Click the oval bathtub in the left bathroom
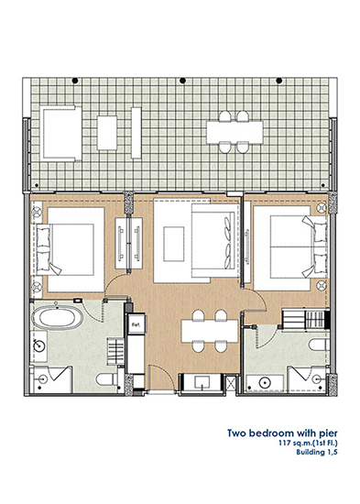click(57, 318)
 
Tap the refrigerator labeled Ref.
click(136, 324)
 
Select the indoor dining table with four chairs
click(210, 331)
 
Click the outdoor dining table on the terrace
click(235, 132)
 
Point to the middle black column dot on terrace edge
click(182, 81)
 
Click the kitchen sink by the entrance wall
click(202, 382)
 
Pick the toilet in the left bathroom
click(107, 379)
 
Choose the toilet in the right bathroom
click(318, 345)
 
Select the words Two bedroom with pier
click(282, 433)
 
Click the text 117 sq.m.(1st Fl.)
click(308, 444)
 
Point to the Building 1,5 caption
click(317, 452)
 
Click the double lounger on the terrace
click(61, 133)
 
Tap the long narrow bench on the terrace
click(136, 133)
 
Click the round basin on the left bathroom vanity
click(40, 345)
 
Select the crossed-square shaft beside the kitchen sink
click(231, 383)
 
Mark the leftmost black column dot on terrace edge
click(75, 81)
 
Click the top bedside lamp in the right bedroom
click(322, 208)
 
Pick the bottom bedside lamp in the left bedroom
click(37, 285)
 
